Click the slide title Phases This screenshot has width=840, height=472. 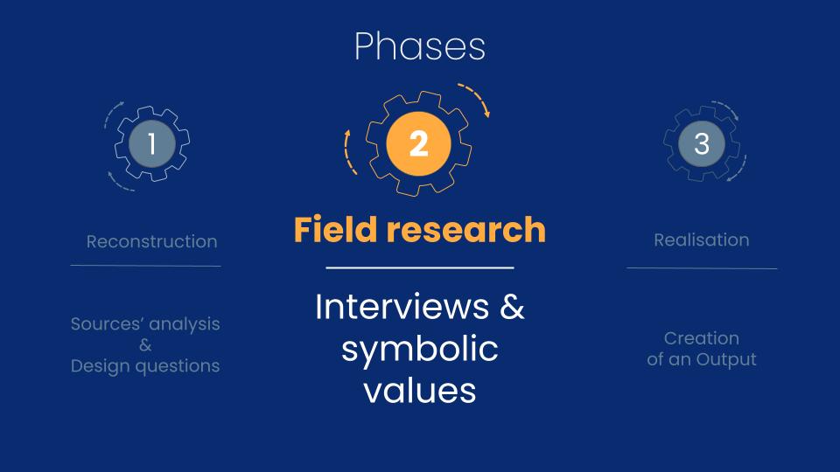pos(420,46)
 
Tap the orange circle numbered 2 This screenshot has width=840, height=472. pos(418,143)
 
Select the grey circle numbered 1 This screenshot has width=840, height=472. pos(152,143)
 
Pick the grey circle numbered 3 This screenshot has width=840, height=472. pos(702,143)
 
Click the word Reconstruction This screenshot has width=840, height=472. pos(152,241)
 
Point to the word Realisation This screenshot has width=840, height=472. pos(702,239)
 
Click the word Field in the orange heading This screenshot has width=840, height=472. pos(336,229)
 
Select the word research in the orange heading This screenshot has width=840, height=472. pos(466,229)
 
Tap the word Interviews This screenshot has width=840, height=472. pos(402,307)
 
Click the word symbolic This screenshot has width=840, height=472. pos(420,350)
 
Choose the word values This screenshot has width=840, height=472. pos(420,390)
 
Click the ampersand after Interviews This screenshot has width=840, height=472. pos(512,307)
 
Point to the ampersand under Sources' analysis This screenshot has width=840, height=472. pos(145,345)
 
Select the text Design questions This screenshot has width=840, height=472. pos(145,366)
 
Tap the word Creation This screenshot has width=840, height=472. pos(702,338)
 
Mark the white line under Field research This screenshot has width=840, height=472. pos(420,267)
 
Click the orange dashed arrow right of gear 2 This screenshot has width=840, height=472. pos(476,97)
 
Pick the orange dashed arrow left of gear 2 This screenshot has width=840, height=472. pos(348,152)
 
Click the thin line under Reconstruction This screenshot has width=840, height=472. pos(146,266)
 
